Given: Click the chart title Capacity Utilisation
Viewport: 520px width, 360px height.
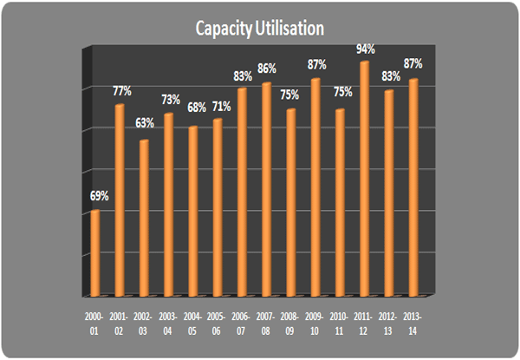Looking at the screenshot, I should (259, 29).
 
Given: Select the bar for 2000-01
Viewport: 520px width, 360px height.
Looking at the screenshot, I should (94, 252).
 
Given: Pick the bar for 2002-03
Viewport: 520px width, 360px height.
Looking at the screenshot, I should (144, 217).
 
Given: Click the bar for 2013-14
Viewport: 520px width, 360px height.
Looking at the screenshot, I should (413, 187).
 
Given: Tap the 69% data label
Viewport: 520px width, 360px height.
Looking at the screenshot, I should (98, 197).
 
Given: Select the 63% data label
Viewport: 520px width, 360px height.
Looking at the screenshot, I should (146, 124).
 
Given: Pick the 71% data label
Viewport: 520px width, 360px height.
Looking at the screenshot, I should (220, 106).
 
